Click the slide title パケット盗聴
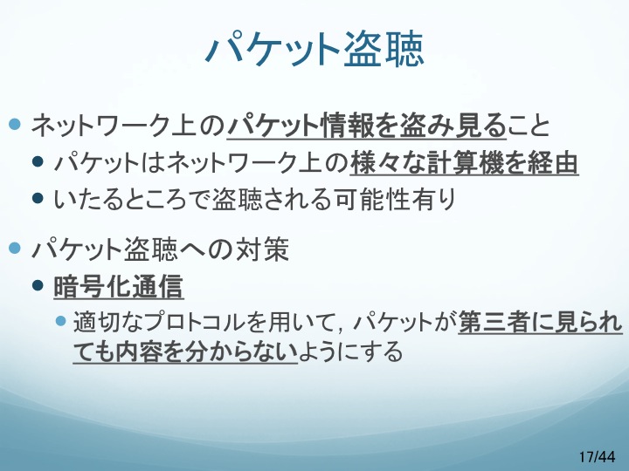pos(314,50)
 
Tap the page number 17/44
pos(597,456)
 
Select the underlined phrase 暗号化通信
pos(118,286)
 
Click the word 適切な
pos(108,322)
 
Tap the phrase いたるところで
pos(133,199)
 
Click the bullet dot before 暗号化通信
pos(38,285)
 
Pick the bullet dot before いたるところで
pos(38,198)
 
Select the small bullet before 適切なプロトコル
pos(60,321)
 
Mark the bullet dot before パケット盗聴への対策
pos(15,248)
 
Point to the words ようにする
pos(350,352)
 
